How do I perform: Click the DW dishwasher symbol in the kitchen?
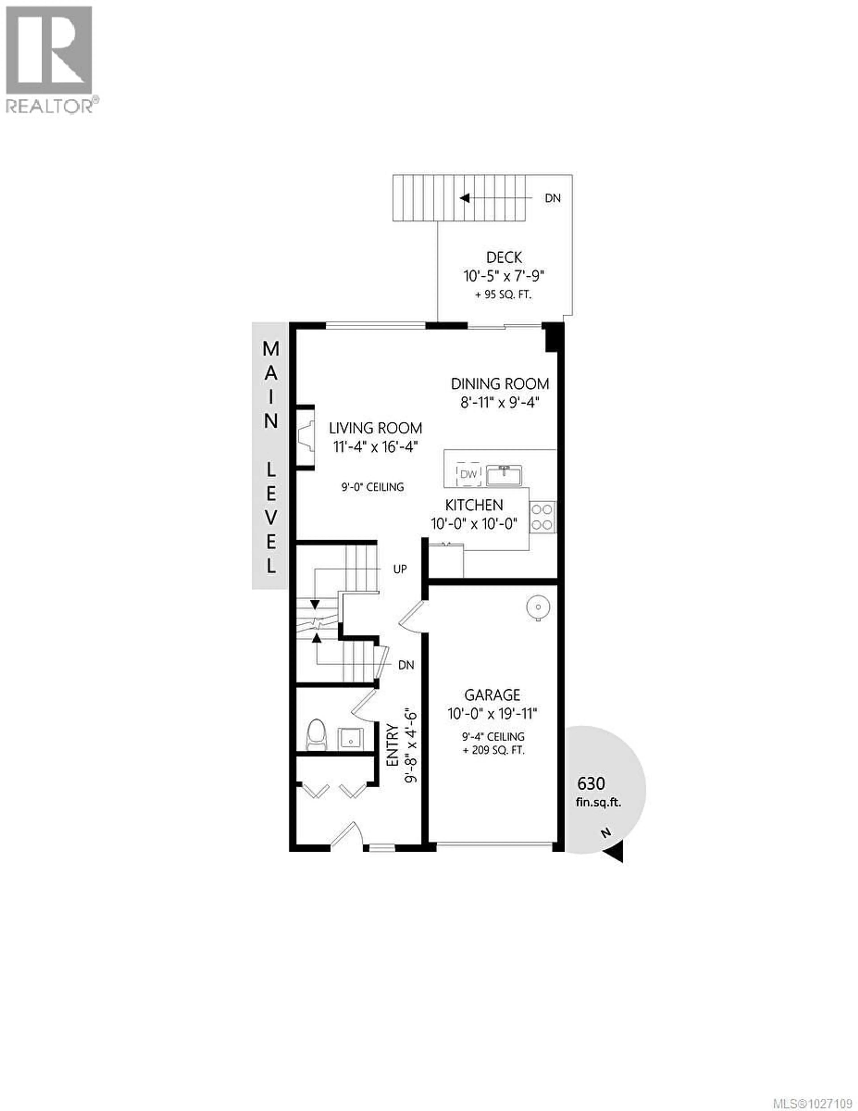(x=468, y=474)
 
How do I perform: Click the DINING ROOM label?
(x=500, y=384)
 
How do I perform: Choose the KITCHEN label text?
(x=474, y=505)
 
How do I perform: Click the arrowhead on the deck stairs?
(x=464, y=198)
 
